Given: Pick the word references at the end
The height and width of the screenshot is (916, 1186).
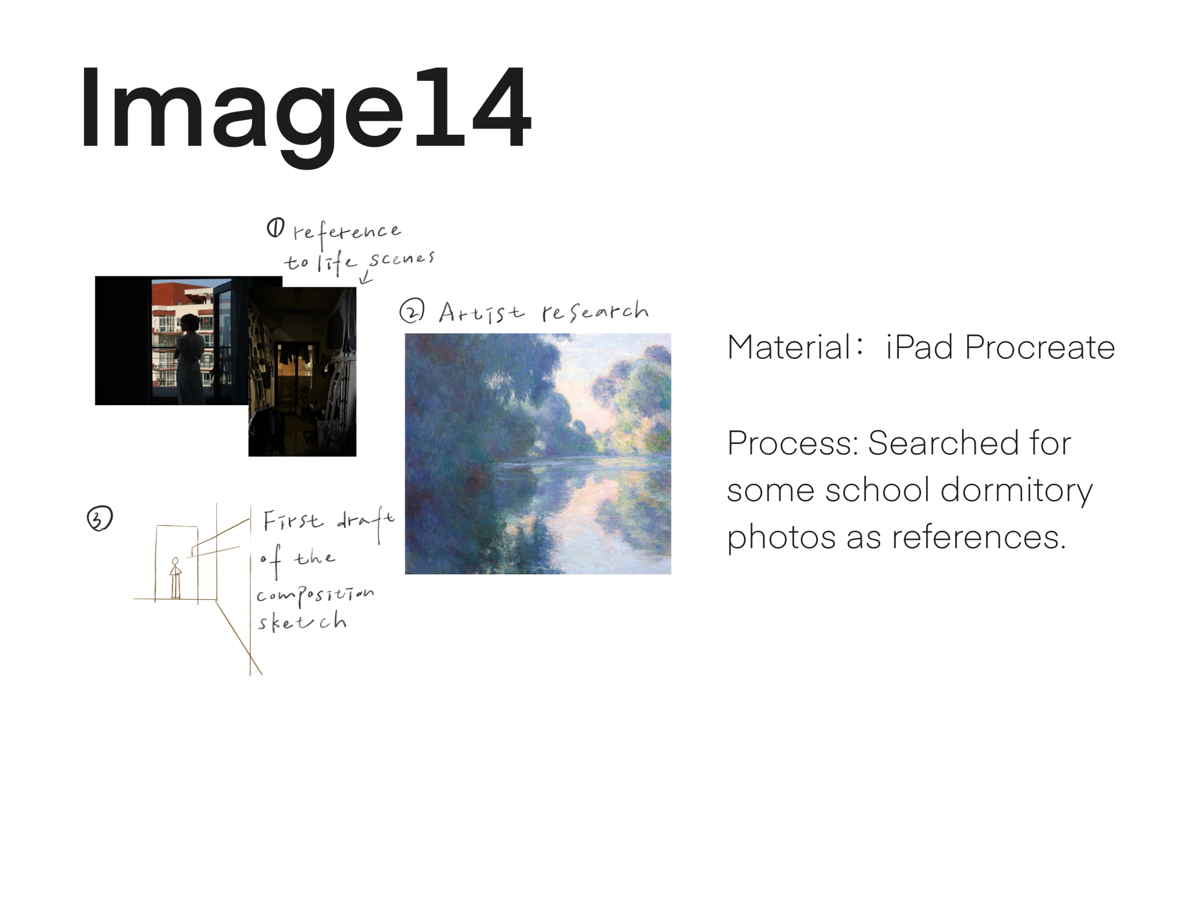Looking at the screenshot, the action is point(979,538).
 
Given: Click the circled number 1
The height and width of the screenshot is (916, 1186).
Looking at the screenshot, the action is point(275,228).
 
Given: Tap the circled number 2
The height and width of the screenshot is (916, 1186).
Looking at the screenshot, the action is point(412,311).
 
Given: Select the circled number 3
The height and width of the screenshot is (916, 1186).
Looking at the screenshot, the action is point(100,518).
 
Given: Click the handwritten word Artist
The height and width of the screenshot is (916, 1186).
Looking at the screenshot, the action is point(481,313).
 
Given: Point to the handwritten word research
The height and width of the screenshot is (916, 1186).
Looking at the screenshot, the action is point(595,311).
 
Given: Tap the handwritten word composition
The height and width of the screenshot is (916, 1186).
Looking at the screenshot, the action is point(315,596).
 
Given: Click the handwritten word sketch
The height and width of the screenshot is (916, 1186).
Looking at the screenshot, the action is point(302,621).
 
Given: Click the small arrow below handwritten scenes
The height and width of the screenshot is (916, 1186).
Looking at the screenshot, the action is point(366,277).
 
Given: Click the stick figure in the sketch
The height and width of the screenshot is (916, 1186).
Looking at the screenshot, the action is point(175,578).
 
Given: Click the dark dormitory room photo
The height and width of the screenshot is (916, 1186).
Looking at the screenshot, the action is point(302,372).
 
